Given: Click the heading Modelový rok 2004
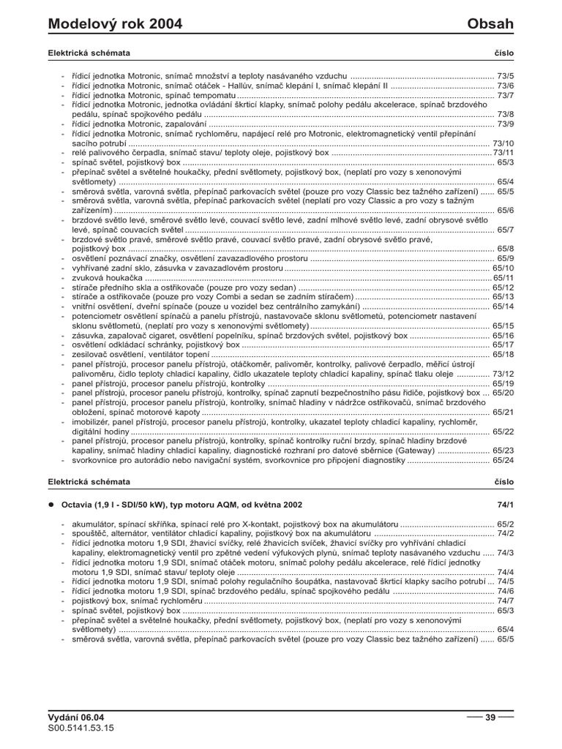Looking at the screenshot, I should [115, 25].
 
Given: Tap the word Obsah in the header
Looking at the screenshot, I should [490, 25].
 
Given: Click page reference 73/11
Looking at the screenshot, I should [503, 153].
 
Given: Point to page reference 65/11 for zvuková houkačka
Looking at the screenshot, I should [503, 278].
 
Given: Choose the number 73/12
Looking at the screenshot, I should [503, 374].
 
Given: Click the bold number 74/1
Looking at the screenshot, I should [506, 505].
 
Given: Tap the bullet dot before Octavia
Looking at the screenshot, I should [52, 505].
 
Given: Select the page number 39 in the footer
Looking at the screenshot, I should [490, 718].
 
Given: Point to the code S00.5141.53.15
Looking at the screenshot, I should [81, 729].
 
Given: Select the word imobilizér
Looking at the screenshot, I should [91, 422].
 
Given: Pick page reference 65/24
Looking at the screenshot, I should [503, 460].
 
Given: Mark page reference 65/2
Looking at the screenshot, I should [506, 524].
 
